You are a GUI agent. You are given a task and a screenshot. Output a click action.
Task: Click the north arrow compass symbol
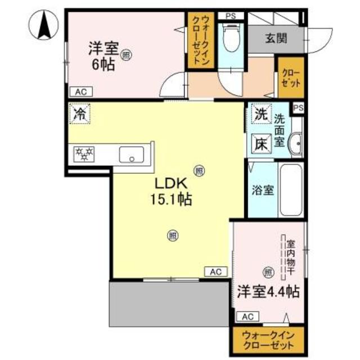click(43, 25)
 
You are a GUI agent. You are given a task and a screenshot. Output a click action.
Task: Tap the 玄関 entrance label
click(276, 38)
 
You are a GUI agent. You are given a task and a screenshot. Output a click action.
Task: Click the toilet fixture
click(231, 39)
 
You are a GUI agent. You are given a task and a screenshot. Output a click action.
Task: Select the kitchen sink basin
click(132, 155)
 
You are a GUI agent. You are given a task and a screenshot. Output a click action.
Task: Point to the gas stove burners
click(84, 154)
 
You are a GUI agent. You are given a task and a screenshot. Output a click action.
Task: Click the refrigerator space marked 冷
click(80, 114)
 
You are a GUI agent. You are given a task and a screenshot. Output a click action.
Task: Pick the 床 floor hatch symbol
click(262, 144)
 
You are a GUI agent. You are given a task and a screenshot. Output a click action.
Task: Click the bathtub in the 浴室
click(291, 190)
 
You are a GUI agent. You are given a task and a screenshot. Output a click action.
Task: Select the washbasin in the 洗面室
click(295, 144)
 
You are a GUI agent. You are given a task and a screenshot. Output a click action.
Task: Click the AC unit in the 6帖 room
click(81, 92)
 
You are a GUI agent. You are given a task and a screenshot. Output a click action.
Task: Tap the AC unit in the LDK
click(216, 272)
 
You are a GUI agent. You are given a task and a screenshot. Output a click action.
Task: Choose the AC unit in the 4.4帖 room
click(247, 317)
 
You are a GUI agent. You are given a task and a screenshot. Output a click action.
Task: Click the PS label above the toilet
click(231, 16)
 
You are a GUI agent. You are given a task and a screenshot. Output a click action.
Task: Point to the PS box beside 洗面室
click(299, 108)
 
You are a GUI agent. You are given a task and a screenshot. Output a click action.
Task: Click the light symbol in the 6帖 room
click(126, 55)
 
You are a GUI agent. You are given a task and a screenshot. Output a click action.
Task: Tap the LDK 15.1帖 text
click(171, 192)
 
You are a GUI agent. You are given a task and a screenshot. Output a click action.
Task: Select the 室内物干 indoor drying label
click(291, 258)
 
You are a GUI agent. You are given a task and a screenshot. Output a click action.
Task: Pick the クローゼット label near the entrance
click(291, 78)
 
